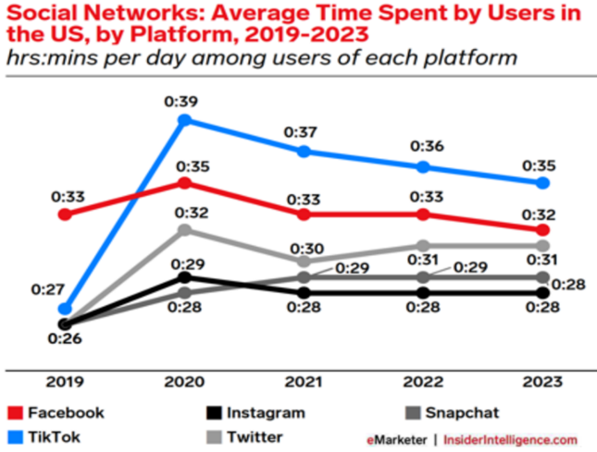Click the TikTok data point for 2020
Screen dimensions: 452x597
(x=184, y=120)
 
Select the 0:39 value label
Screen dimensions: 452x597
(x=184, y=99)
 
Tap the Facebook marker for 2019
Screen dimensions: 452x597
(x=64, y=214)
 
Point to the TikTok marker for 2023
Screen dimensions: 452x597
(x=543, y=183)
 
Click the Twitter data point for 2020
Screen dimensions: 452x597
(x=184, y=229)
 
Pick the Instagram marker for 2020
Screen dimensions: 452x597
(x=184, y=276)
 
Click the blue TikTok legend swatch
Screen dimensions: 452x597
(x=16, y=436)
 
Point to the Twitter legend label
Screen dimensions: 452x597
(x=255, y=436)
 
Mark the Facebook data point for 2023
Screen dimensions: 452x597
(x=543, y=229)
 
